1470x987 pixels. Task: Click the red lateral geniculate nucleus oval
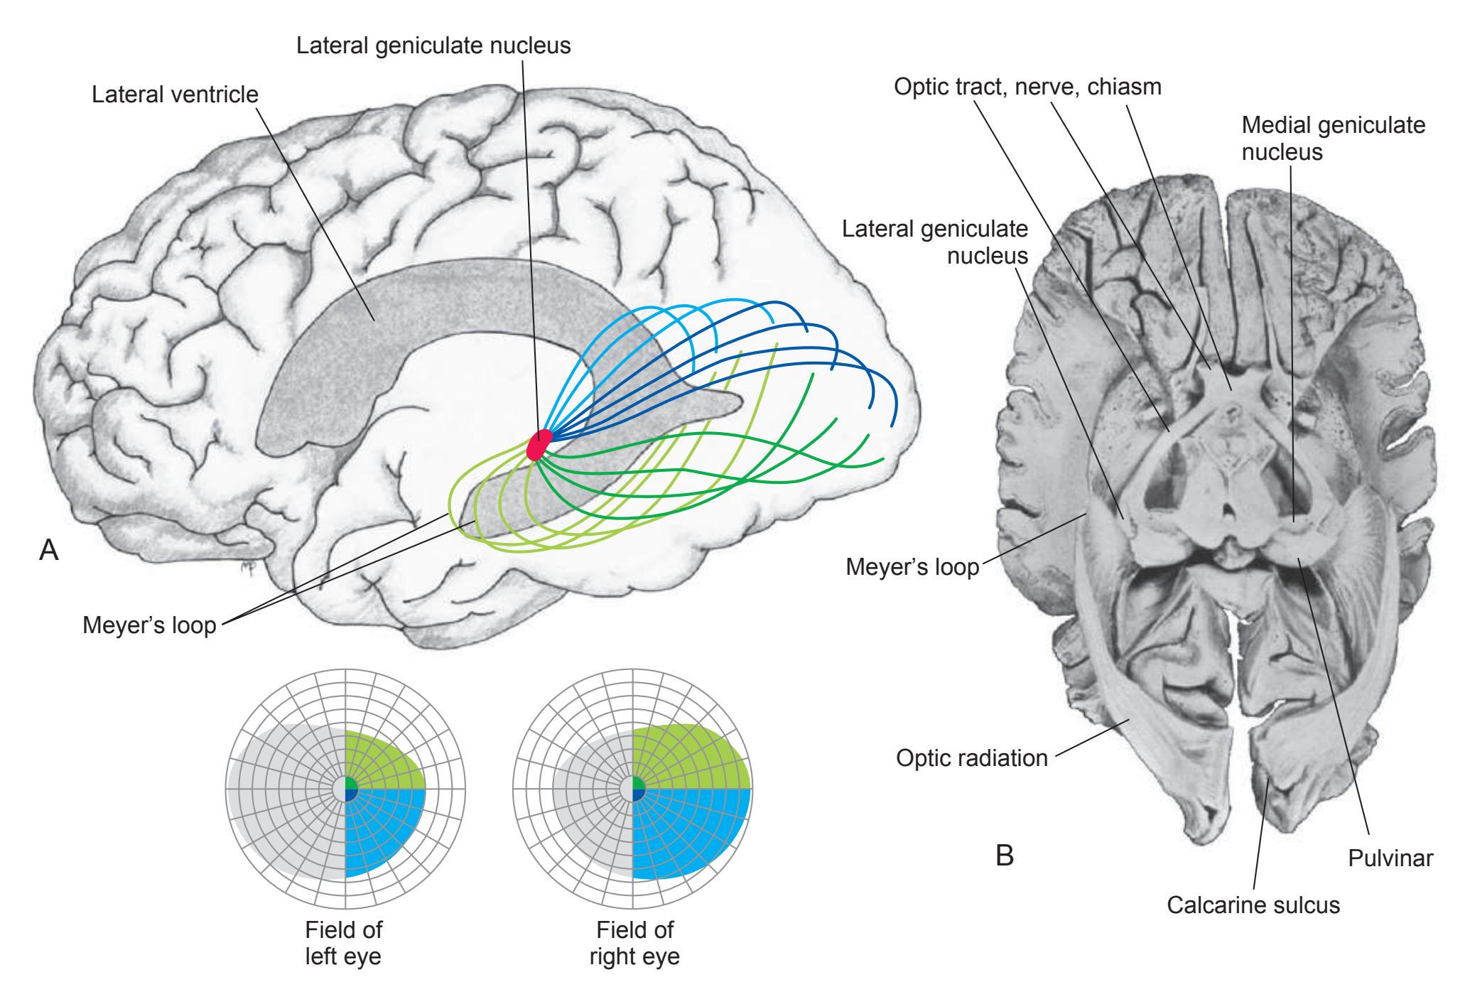pos(539,445)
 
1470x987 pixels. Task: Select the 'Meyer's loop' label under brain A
pos(149,626)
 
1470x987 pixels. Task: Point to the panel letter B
pos(1004,855)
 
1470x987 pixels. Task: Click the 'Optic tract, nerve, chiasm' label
pos(1027,87)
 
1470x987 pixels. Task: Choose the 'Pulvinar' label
pos(1390,858)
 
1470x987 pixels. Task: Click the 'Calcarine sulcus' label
pos(1253,905)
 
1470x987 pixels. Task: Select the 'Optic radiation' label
pos(971,758)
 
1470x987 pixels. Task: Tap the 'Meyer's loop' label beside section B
pos(912,568)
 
